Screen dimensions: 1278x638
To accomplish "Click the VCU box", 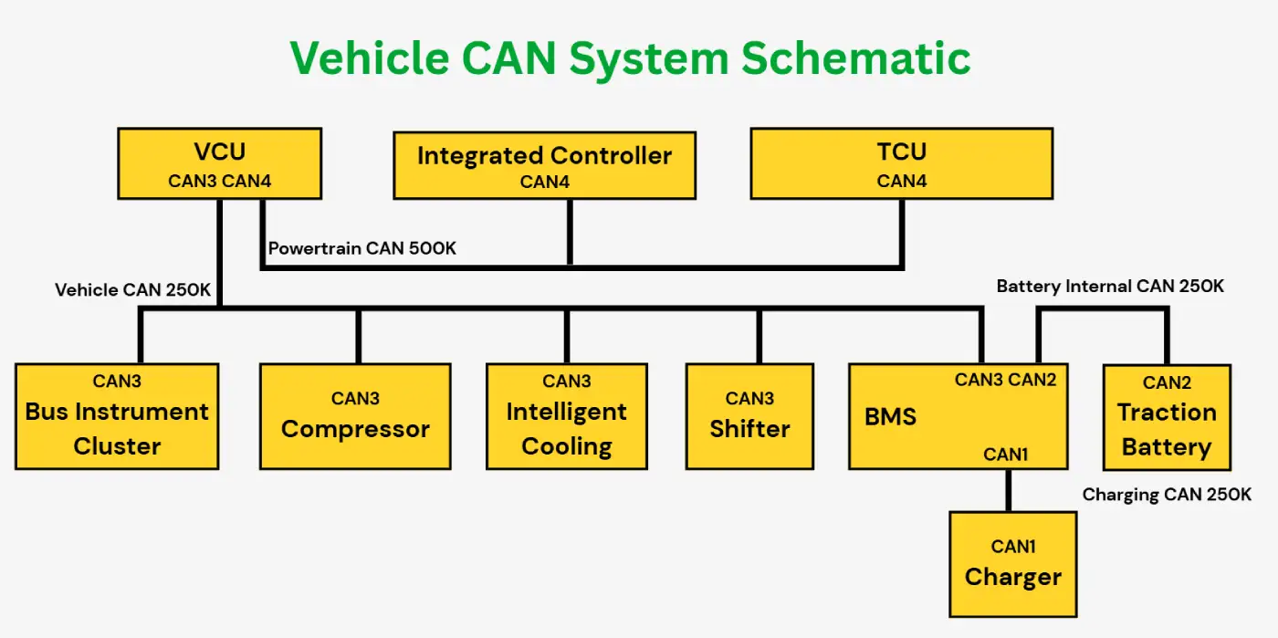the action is [220, 163].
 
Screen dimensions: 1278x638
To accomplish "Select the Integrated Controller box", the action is [544, 165].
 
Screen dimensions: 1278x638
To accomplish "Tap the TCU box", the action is [902, 163].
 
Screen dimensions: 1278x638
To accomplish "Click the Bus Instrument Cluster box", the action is [117, 416].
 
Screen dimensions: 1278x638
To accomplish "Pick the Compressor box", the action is [355, 416].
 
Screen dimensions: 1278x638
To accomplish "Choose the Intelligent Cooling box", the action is [567, 416].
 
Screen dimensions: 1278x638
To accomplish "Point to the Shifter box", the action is [749, 416].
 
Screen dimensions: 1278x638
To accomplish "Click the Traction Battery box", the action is [1167, 417].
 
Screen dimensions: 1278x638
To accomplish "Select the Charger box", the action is [1012, 564].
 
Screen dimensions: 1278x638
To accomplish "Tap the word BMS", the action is [890, 416].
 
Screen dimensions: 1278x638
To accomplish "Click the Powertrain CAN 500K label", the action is [362, 248].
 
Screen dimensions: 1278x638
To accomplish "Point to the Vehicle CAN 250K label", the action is [133, 290].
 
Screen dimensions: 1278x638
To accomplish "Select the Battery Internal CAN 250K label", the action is [1110, 286].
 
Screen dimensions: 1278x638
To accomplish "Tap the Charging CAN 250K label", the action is [1167, 494].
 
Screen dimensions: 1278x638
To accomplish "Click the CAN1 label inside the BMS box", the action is [1005, 455].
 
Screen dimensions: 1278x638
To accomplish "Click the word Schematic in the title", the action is [856, 58].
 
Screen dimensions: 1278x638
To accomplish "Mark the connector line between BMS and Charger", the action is [1009, 491].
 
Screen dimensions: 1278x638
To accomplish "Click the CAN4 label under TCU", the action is [902, 181].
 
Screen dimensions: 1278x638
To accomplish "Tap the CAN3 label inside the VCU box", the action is [193, 181].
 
